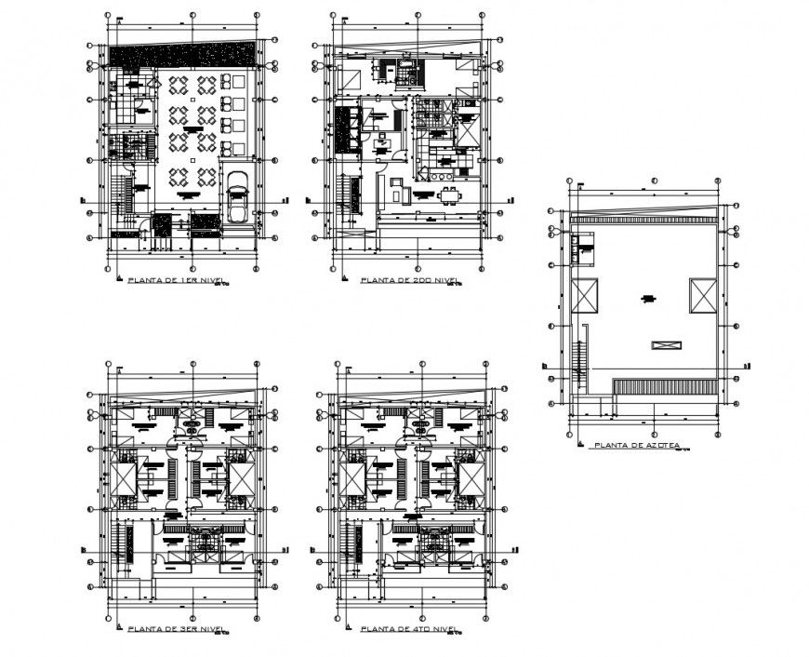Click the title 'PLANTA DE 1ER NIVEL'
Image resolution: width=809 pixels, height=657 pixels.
(x=177, y=279)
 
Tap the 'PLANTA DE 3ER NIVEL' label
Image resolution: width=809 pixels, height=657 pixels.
(x=176, y=630)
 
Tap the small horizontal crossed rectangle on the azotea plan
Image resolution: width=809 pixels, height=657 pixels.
(x=666, y=344)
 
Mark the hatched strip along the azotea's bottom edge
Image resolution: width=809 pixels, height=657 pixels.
(x=666, y=386)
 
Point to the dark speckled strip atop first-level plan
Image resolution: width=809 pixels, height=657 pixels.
(x=181, y=55)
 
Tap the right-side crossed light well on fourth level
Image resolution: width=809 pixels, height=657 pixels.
(x=471, y=478)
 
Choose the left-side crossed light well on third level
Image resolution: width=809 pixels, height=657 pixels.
(x=125, y=478)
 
